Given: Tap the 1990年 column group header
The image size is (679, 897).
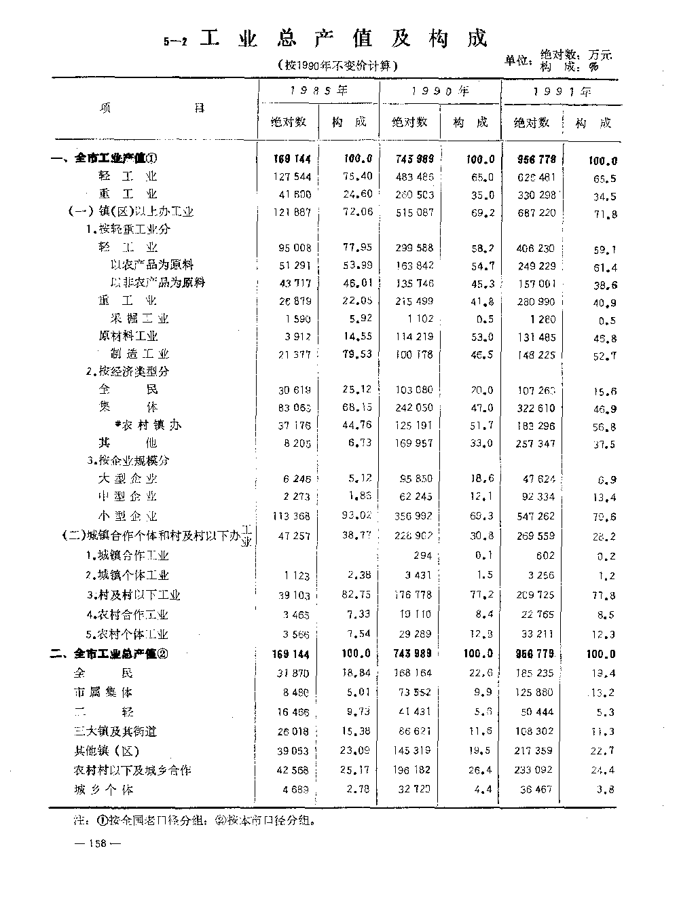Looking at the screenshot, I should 441,90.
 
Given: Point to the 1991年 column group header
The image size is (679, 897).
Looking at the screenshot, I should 562,91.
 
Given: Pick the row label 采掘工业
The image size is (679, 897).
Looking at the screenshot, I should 139,318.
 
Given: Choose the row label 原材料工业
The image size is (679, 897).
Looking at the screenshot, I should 128,336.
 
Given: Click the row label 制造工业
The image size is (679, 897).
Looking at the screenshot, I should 139,354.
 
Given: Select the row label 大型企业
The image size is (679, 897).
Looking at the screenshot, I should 128,478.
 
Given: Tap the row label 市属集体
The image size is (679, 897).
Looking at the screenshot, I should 103,693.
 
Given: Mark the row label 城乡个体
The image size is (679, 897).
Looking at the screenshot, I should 103,790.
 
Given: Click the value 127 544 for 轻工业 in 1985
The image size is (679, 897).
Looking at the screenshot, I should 291,177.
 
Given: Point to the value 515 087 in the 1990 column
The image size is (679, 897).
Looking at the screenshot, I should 414,213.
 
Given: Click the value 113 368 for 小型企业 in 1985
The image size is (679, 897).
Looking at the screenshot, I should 291,516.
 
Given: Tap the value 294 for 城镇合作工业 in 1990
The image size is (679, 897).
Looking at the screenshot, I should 422,555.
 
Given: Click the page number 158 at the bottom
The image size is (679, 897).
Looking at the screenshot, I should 99,843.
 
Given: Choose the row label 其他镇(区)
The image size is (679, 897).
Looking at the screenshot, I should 107,751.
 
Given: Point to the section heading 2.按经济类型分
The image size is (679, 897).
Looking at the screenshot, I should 128,371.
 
